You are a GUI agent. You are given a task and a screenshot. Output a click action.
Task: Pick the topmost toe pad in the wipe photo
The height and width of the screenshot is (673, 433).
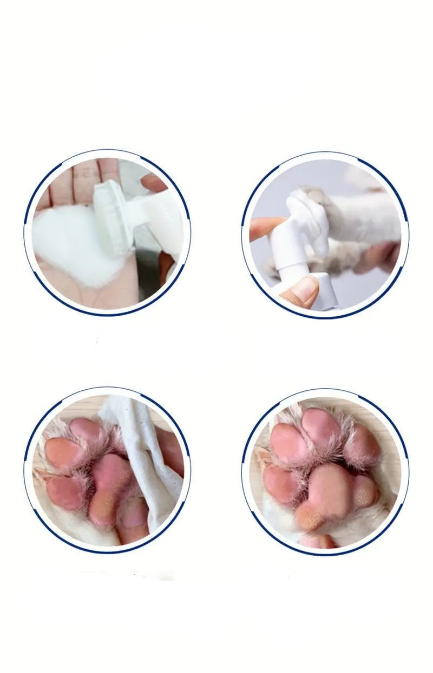click(x=87, y=430)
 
